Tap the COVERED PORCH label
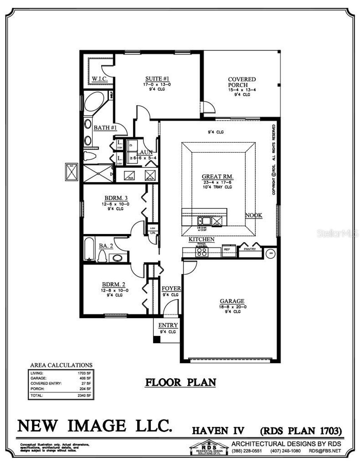[x=242, y=82]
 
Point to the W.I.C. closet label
[x=99, y=79]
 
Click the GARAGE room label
[x=232, y=301]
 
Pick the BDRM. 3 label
[x=116, y=198]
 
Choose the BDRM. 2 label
[x=114, y=284]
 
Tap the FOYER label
[x=171, y=289]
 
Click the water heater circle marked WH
[x=271, y=252]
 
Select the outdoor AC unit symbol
[x=72, y=172]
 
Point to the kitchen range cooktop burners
[x=202, y=252]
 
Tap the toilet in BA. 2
[x=102, y=257]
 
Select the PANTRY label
[x=250, y=249]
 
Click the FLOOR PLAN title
[x=181, y=382]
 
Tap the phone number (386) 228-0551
[x=247, y=451]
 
